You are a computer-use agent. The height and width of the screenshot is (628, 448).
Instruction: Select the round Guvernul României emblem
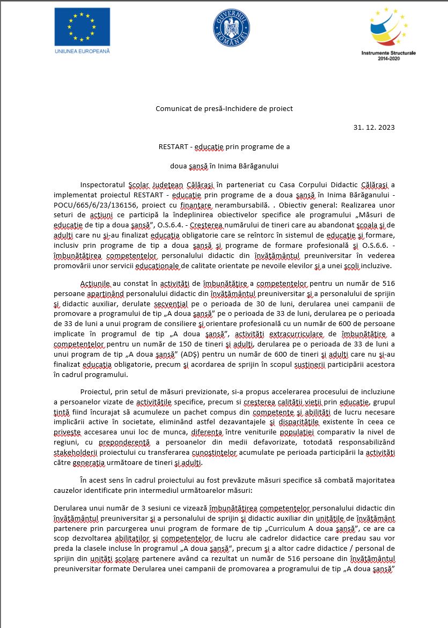click(x=231, y=27)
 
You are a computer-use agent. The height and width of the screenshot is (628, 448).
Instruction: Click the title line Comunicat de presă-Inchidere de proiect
click(x=224, y=108)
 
